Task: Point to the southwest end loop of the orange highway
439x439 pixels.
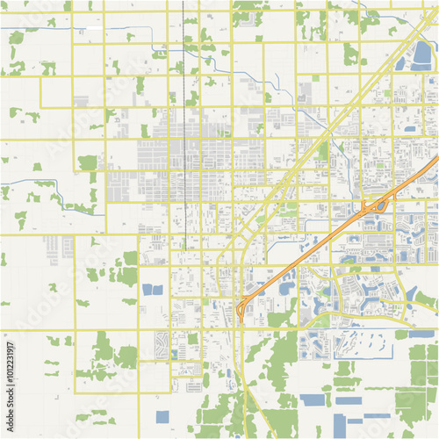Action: click(241, 308)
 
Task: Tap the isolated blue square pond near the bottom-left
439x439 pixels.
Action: click(162, 417)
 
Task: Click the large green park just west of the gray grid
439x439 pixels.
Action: click(87, 162)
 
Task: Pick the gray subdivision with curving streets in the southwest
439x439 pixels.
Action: click(162, 342)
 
